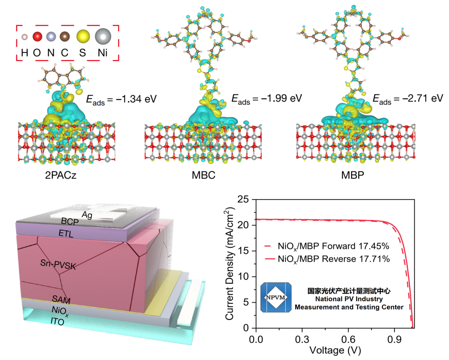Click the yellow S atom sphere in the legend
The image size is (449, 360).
coord(83,36)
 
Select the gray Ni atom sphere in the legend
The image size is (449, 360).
coord(103,36)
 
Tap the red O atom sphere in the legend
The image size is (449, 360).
coord(37,36)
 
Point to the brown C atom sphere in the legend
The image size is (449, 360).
coord(64,36)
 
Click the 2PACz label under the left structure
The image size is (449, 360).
coord(61,175)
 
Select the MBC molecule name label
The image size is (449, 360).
coord(203,175)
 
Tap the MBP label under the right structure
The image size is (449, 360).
coord(352,175)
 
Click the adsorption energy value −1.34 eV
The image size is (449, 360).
coord(121,99)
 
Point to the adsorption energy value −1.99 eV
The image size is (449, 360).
coord(266,99)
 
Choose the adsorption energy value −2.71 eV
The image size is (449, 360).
coord(408,99)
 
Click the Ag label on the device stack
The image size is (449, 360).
coord(87,215)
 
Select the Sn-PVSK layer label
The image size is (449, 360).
coord(58,264)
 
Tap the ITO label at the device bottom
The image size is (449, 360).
coord(57,321)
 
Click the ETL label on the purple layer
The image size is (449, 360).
coord(66,233)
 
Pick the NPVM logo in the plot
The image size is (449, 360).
coord(276,297)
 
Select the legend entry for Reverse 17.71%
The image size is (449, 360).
coord(327,259)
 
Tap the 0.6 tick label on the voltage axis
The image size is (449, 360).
coord(348,340)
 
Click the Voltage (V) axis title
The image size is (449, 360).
coord(335,350)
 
